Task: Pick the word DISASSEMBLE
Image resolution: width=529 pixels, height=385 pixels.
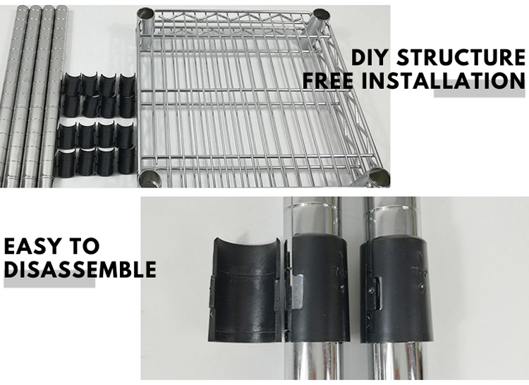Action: (x=80, y=270)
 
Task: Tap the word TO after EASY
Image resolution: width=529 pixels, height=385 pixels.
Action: (x=85, y=247)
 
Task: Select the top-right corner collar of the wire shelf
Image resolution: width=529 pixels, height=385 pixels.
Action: (x=320, y=17)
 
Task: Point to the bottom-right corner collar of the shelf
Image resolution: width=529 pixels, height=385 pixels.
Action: (x=378, y=177)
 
